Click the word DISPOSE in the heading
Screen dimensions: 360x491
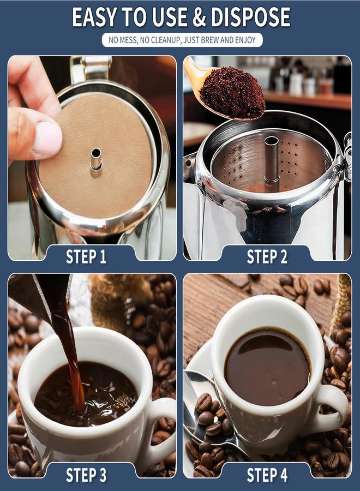[x=250, y=17]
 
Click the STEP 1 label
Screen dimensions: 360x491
[x=86, y=257]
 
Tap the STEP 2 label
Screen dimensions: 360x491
[x=267, y=257]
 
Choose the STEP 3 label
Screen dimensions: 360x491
[x=86, y=475]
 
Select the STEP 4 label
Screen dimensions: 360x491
[x=267, y=475]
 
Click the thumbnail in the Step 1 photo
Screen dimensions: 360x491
[x=47, y=139]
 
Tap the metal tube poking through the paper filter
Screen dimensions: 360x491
[x=96, y=159]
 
